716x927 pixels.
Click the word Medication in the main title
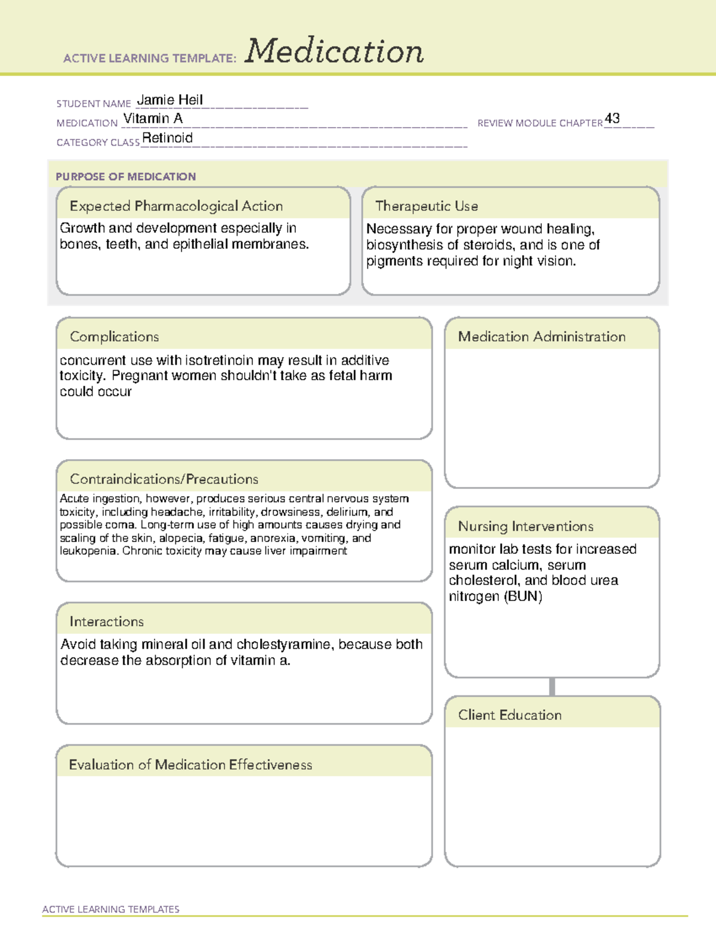tap(334, 51)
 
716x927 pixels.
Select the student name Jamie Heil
tap(170, 100)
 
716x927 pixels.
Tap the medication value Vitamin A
tap(153, 119)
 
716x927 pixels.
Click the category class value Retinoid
tap(167, 138)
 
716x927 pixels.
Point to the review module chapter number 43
tap(612, 118)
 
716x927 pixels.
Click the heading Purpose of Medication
tap(125, 177)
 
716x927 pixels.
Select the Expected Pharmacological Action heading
tap(176, 207)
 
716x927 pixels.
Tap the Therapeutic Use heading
tap(427, 207)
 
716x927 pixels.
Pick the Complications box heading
tap(115, 337)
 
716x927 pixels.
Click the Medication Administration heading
tap(542, 337)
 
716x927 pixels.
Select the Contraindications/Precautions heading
tap(164, 479)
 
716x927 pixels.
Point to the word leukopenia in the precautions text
tap(88, 551)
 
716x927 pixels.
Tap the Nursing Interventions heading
tap(526, 526)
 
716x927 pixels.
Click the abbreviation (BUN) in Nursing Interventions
tap(523, 596)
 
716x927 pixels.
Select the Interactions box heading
tap(107, 622)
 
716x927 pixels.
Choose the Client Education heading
tap(510, 715)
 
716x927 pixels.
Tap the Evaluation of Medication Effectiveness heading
tap(190, 765)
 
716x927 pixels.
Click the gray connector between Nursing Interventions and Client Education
tap(552, 686)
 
